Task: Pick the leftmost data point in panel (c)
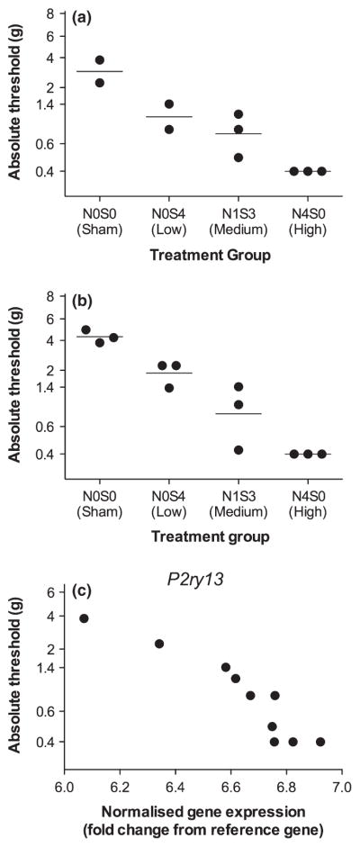point(84,618)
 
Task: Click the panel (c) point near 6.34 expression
point(159,644)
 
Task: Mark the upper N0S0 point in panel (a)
point(100,60)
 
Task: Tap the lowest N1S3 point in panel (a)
point(238,158)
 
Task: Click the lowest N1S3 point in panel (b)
point(238,449)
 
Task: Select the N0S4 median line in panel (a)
point(169,117)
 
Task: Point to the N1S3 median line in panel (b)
point(238,413)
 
